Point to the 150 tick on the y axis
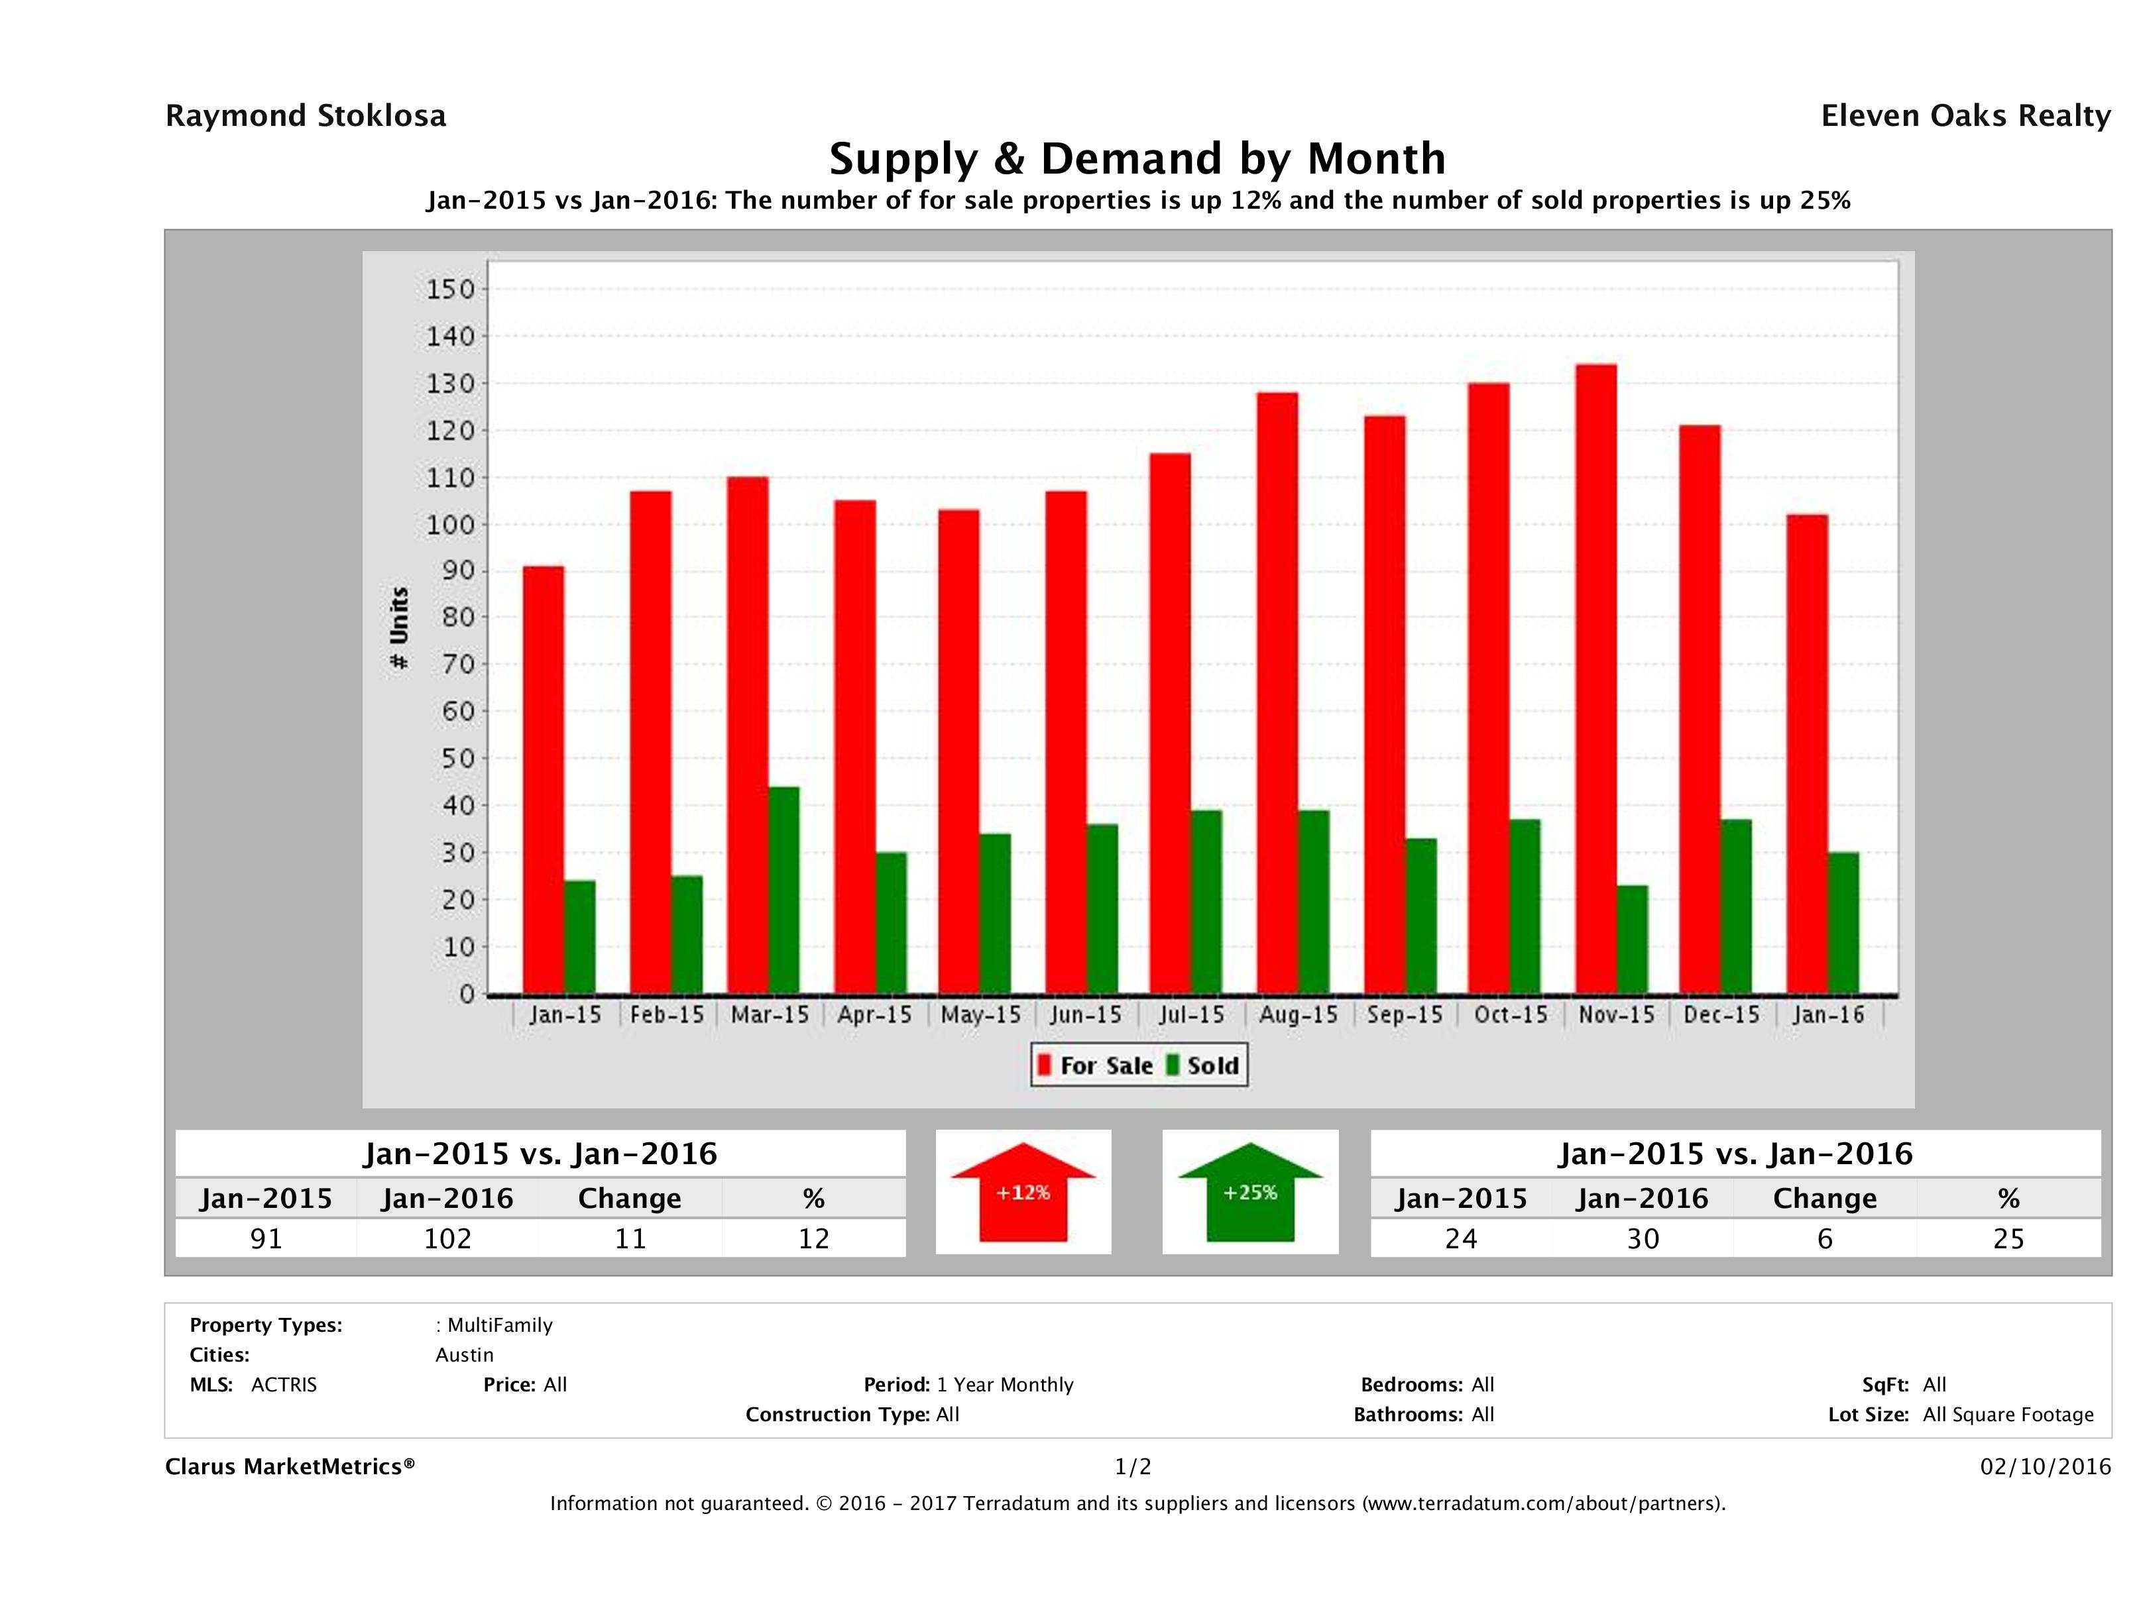pos(451,289)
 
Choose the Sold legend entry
pos(1203,1065)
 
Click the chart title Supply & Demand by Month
pos(1137,158)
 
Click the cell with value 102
pos(447,1238)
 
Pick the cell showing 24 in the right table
pos(1460,1238)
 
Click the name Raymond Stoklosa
pos(306,116)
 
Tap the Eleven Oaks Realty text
pos(1965,116)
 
